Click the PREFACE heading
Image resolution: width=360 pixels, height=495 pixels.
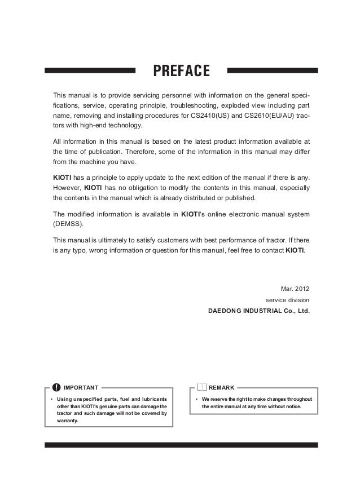point(181,72)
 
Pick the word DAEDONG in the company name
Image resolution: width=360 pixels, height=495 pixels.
point(225,311)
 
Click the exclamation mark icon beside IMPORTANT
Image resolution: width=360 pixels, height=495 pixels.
point(56,387)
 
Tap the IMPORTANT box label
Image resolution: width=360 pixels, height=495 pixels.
point(81,388)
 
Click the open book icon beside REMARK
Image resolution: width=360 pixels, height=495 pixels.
point(202,387)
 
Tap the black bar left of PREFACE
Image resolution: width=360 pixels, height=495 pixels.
point(90,71)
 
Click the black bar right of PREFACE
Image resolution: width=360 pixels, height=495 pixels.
point(272,71)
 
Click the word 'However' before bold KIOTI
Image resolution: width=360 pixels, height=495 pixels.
point(67,188)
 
